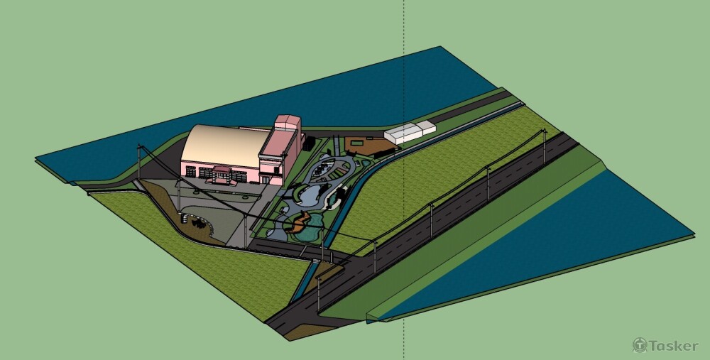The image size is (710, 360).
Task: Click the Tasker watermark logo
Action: pos(665,346)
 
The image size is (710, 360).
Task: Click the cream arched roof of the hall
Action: pos(224,145)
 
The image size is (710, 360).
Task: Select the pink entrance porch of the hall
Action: pos(222,175)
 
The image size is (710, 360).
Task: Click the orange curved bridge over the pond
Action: pos(300,221)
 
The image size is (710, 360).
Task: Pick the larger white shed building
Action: pos(403,133)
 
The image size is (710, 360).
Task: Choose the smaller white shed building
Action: pos(425,127)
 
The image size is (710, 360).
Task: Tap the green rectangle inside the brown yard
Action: pos(356,143)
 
